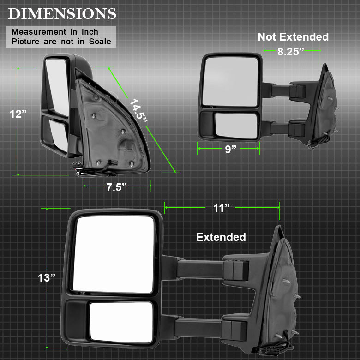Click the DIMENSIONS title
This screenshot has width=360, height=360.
[62, 13]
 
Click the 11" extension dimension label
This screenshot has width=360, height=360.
[221, 208]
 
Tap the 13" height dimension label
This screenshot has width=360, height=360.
[47, 277]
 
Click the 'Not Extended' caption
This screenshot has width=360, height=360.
[293, 37]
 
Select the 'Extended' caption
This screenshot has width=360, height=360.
[221, 237]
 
